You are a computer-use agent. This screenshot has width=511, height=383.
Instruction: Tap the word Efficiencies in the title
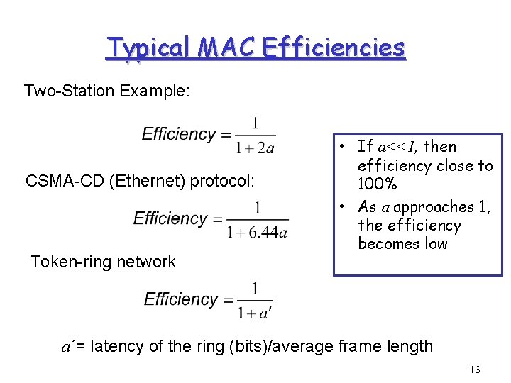[x=334, y=48]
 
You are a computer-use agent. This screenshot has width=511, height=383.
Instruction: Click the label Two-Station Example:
[x=106, y=91]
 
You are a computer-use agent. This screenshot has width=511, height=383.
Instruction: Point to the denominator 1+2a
[x=255, y=148]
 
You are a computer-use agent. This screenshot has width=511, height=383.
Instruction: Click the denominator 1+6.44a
[x=258, y=232]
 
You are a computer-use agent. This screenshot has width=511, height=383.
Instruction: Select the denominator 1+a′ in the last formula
[x=255, y=313]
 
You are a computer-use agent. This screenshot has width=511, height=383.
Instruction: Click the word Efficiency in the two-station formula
[x=179, y=134]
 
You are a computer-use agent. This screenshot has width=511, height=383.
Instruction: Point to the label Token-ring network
[x=103, y=262]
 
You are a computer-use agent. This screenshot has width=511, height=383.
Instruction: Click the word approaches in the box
[x=432, y=207]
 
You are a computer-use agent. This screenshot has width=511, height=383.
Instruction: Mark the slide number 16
[x=475, y=370]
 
